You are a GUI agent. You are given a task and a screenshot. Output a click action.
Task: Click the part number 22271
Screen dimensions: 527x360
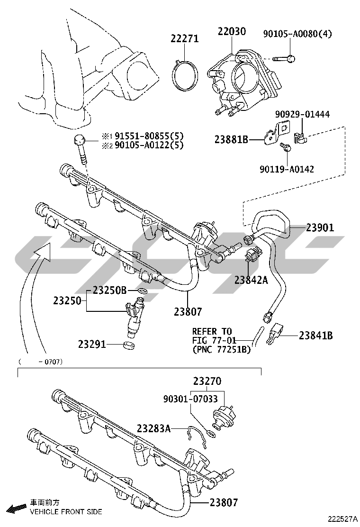tap(185, 39)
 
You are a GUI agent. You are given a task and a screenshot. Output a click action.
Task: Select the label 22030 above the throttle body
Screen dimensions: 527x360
tap(232, 32)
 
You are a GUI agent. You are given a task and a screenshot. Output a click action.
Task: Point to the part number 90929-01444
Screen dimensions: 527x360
tap(303, 114)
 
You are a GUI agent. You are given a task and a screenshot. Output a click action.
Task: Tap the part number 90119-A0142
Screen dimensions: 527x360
tap(287, 168)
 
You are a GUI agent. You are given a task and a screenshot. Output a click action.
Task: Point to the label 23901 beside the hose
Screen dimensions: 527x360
tap(320, 227)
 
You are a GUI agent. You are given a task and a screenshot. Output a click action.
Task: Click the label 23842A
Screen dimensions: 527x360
tap(251, 280)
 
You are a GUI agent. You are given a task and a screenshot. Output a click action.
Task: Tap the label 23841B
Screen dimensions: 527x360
tap(315, 336)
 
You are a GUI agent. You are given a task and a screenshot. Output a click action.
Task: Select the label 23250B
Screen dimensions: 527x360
tap(109, 290)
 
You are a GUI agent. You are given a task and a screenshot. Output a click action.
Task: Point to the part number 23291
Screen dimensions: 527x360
tap(92, 344)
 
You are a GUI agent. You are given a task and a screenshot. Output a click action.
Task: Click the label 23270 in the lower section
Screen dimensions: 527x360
tap(207, 381)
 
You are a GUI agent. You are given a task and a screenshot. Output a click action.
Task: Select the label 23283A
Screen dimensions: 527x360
tap(153, 428)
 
